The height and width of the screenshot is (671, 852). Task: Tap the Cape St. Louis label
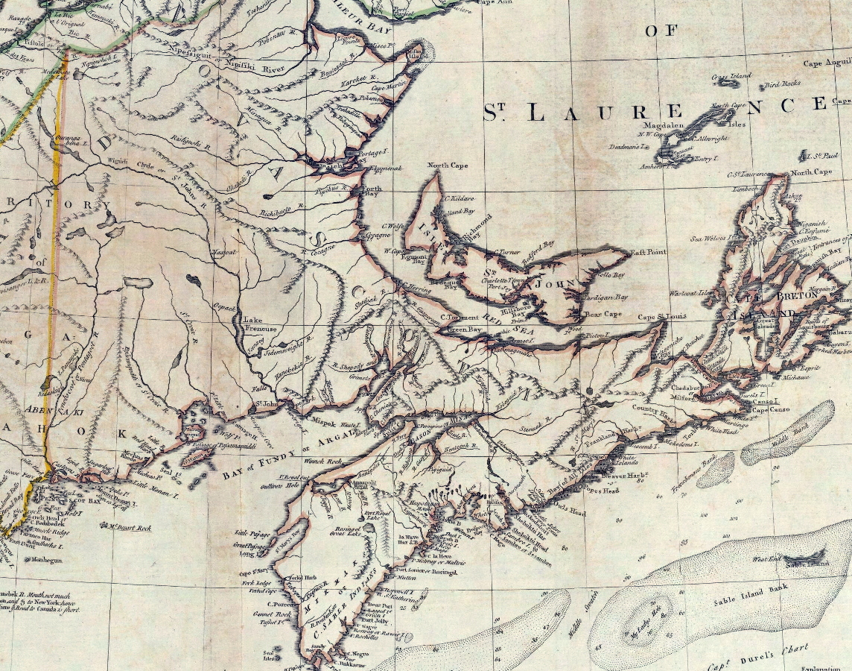point(661,318)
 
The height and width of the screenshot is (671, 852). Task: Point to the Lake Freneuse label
point(261,324)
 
